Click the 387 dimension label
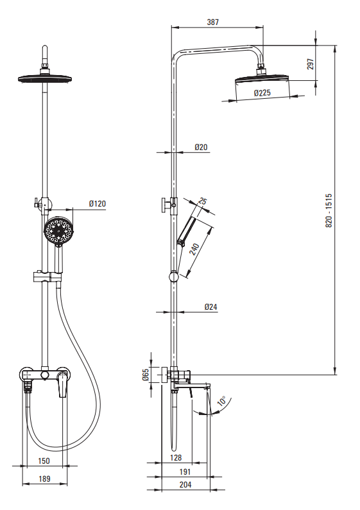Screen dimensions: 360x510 213,22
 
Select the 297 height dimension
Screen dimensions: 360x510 311,64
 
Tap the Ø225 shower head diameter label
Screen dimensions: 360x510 262,92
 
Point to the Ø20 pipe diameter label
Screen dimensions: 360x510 201,147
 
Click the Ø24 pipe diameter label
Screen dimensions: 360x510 211,307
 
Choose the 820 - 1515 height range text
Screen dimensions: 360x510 329,211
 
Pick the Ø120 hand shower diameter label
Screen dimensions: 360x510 98,204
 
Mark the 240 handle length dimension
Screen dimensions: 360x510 194,249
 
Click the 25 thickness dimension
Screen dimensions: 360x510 202,201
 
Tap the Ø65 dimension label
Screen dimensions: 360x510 146,375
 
